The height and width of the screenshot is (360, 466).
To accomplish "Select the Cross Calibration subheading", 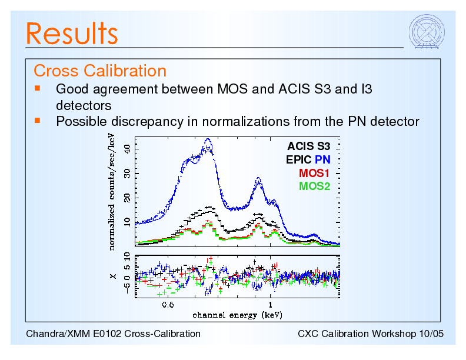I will [x=100, y=71].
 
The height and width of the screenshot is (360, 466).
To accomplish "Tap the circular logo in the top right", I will [x=427, y=32].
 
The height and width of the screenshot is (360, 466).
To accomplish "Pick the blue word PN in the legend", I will [x=322, y=159].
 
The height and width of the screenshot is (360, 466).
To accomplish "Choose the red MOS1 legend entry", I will [x=314, y=174].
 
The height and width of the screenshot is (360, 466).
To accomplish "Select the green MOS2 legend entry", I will [x=314, y=186].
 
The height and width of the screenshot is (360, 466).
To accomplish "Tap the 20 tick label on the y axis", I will [x=128, y=198].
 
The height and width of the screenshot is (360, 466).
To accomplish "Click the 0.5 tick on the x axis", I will [x=168, y=305].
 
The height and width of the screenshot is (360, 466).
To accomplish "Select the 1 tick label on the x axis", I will [x=270, y=305].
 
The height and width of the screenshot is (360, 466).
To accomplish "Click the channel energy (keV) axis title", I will [x=237, y=315].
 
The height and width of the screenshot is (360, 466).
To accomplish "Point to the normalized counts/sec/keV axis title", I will [x=111, y=191].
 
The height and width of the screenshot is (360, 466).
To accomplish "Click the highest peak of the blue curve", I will [x=208, y=141].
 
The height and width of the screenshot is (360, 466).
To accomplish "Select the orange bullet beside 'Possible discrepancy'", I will [x=37, y=120].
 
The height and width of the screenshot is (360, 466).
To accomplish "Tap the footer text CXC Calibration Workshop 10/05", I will [x=371, y=334].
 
